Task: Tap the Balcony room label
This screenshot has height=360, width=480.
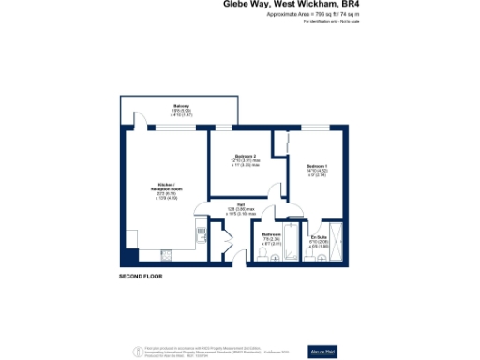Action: [x=182, y=106]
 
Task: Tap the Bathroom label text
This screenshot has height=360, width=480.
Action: [x=272, y=234]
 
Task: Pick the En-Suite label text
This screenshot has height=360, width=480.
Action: [x=319, y=238]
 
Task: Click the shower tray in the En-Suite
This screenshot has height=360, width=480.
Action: [x=338, y=238]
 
